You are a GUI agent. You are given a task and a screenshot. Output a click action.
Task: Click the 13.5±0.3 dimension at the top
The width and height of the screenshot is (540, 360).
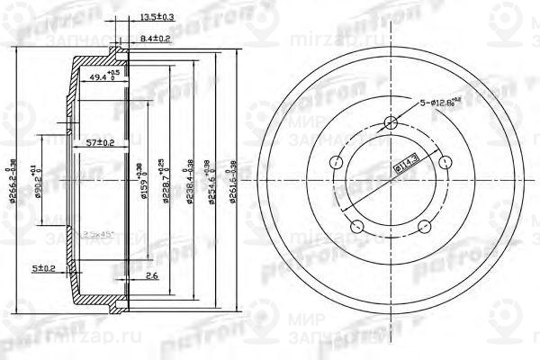(x=157, y=17)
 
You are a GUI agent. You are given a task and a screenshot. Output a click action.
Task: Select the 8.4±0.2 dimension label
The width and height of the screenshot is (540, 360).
(x=157, y=39)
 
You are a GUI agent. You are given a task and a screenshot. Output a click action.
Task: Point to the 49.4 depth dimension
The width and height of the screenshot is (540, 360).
(x=103, y=77)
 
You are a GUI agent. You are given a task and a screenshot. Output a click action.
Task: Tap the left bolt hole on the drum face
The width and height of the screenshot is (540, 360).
(x=336, y=163)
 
